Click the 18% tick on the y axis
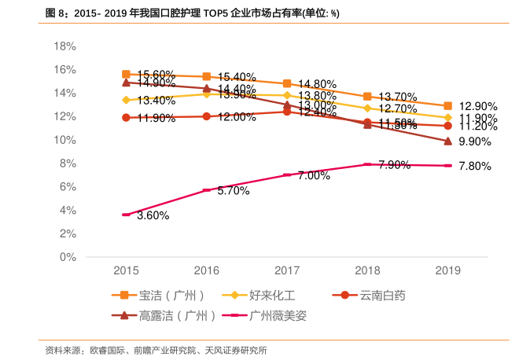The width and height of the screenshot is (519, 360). [x=65, y=46]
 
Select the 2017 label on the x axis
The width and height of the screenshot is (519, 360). [x=287, y=270]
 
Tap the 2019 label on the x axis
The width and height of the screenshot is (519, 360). [x=447, y=270]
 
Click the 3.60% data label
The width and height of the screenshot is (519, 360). [x=153, y=215]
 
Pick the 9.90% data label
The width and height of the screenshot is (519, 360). [x=474, y=142]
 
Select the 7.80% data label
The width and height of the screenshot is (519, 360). [x=474, y=167]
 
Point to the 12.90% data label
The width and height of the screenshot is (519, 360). [x=478, y=106]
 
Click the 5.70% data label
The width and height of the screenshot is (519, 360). [x=234, y=191]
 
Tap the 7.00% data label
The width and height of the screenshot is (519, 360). [x=314, y=176]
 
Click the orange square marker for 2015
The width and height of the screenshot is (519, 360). [x=126, y=74]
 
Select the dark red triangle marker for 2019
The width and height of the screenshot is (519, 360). [x=447, y=141]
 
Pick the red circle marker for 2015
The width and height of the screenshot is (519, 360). [x=126, y=118]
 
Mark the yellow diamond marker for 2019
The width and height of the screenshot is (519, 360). [x=447, y=118]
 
